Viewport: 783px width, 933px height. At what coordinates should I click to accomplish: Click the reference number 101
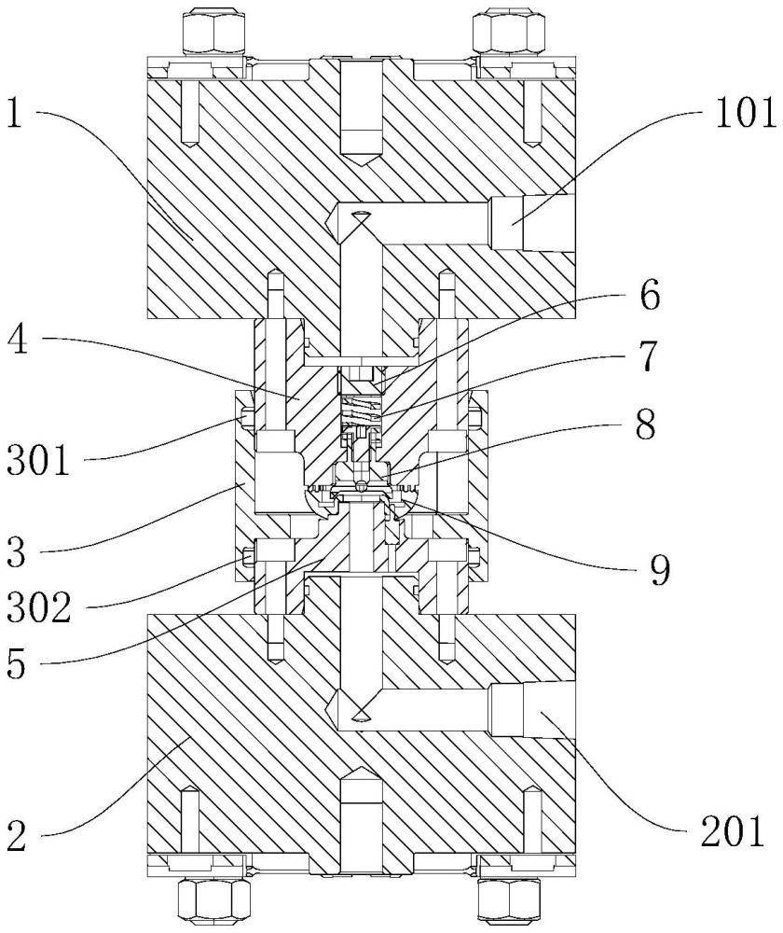746,113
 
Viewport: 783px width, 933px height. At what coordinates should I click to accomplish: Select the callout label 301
38,459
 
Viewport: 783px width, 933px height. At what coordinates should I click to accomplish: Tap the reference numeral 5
17,662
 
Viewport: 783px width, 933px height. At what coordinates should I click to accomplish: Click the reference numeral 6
649,295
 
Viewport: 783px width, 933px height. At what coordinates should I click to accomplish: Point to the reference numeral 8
645,425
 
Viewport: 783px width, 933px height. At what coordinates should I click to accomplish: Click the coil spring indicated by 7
361,410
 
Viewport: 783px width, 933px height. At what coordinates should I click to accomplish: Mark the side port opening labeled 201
532,709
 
